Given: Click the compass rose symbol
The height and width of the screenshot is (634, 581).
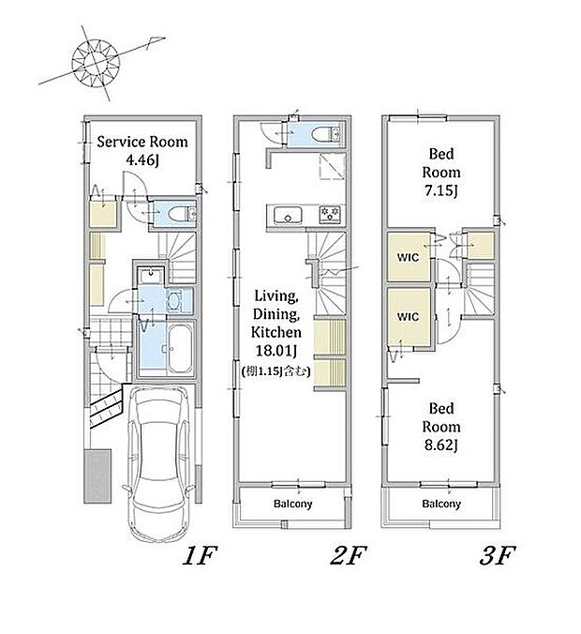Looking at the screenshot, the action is coord(96,63).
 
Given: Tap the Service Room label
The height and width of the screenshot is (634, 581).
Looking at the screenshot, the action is coord(142,142).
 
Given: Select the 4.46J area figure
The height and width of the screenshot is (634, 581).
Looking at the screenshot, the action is coord(142,160).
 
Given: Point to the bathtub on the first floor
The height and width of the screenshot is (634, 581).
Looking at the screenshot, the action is coord(179,349).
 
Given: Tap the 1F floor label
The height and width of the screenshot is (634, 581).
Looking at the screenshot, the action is coord(200,555).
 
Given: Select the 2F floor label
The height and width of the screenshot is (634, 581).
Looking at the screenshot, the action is coord(349,555).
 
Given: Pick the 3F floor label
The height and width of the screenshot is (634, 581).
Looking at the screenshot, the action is coord(497,555).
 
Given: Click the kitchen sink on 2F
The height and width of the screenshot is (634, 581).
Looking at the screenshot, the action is coord(288,215).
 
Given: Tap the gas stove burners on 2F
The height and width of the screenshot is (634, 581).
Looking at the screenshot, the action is coord(330,214).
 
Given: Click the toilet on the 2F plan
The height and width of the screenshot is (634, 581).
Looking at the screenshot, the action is coord(327,134).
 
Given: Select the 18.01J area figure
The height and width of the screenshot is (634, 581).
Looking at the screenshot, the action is coord(276,351).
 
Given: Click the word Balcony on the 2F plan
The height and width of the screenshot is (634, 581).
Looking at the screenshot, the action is coord(293,505).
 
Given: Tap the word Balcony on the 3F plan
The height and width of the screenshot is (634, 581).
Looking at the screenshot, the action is coord(441,505).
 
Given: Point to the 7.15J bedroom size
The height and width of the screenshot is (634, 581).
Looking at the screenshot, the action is coord(441,190).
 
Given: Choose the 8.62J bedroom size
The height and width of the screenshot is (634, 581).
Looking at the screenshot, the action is coord(441,445).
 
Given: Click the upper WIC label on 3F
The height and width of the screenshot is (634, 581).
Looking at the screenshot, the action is coord(408,257).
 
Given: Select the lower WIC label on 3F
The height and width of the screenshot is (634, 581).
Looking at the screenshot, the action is coord(408,317).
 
